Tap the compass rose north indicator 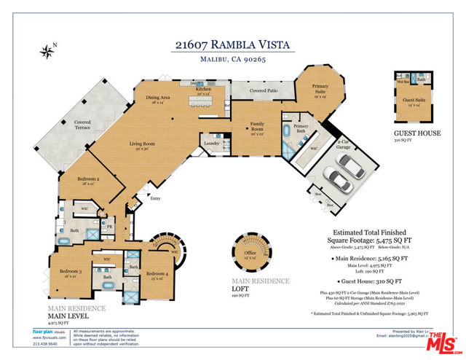[x=48, y=51]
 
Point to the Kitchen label [x=202, y=91]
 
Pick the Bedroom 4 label [x=157, y=274]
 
